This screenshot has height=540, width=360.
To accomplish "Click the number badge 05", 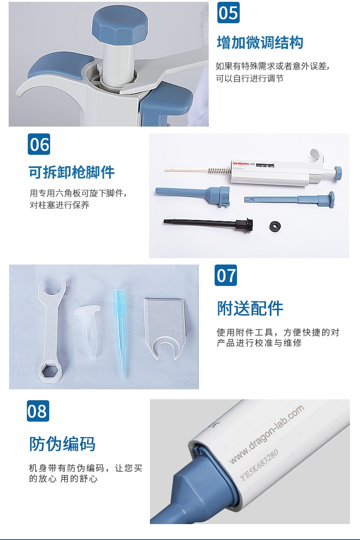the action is click(228, 13).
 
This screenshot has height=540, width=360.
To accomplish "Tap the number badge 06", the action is click(39, 144).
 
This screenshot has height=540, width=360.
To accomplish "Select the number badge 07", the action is click(226, 275).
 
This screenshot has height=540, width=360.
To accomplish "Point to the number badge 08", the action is click(38, 411).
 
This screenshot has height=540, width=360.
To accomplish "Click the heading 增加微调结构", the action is click(260, 43).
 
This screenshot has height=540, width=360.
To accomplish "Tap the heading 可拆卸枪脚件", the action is click(72, 172).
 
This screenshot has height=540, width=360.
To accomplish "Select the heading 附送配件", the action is click(250, 308).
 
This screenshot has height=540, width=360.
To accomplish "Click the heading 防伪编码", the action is click(62, 443).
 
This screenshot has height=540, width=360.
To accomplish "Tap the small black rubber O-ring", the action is click(275, 226).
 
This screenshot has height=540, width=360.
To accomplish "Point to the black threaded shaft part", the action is click(208, 224).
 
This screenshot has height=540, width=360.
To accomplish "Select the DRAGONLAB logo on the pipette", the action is click(243, 164).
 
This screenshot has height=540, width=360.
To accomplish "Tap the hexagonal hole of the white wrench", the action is click(50, 371).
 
